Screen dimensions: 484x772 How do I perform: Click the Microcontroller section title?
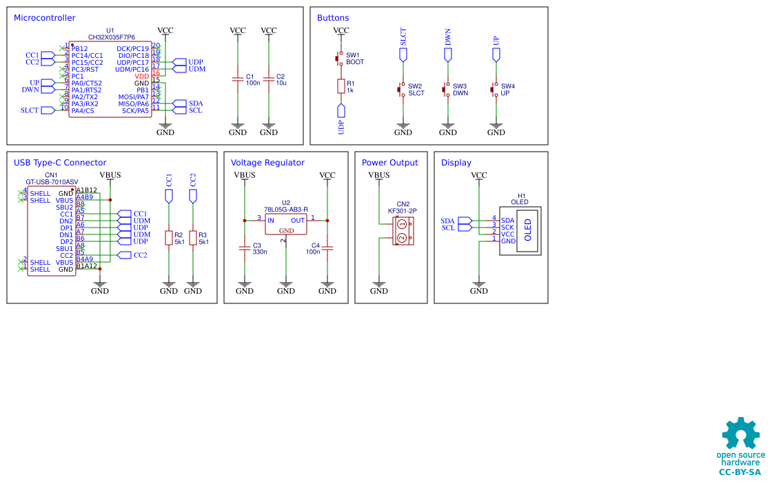(x=45, y=18)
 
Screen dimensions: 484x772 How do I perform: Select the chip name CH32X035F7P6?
(x=111, y=37)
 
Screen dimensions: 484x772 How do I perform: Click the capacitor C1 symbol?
(x=238, y=80)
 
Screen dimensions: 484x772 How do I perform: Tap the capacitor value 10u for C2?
(x=281, y=83)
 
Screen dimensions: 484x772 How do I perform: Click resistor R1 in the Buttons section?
(x=341, y=85)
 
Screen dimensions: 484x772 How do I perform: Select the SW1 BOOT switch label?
(x=354, y=59)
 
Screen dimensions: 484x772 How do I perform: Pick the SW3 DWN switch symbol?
(x=447, y=90)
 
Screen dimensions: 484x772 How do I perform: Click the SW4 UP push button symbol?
(x=494, y=90)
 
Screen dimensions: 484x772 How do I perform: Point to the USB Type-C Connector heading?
(x=60, y=163)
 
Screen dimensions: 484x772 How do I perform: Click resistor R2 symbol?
(x=169, y=238)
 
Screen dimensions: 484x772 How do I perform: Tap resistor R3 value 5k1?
(x=203, y=242)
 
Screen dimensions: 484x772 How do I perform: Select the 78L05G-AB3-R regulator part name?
(x=285, y=209)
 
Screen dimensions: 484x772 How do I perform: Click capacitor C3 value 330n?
(x=260, y=252)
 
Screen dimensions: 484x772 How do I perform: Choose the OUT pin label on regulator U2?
(x=298, y=221)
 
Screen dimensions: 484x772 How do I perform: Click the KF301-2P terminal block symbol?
(x=403, y=231)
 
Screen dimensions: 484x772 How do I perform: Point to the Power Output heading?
(x=389, y=163)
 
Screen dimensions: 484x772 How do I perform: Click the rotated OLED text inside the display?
(x=529, y=230)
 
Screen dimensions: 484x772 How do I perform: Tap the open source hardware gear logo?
(x=741, y=434)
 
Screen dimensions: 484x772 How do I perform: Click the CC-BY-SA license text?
(x=740, y=472)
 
